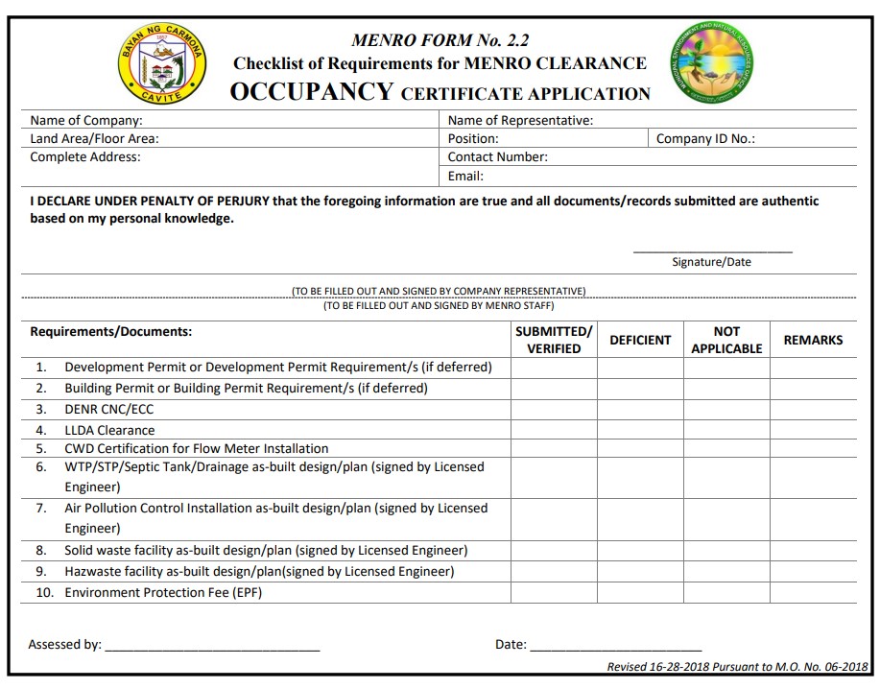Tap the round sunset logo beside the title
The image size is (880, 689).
[712, 63]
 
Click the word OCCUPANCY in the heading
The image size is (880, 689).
[312, 92]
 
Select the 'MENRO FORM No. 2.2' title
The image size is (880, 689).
[440, 40]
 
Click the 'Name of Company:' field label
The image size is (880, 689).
[86, 121]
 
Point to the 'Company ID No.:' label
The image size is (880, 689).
[705, 139]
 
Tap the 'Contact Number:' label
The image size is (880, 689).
[497, 157]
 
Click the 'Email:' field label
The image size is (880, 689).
[465, 177]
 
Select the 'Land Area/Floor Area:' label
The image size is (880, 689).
[94, 139]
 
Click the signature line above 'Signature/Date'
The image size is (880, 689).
[712, 251]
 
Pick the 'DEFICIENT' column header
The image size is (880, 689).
[640, 340]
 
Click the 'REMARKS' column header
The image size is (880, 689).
[813, 340]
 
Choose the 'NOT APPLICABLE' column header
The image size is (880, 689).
[726, 340]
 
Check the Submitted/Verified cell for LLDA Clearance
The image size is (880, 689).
[554, 431]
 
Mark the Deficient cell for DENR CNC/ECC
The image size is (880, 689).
[640, 410]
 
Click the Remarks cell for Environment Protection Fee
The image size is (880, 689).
[813, 593]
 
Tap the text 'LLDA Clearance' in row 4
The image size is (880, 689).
[109, 431]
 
